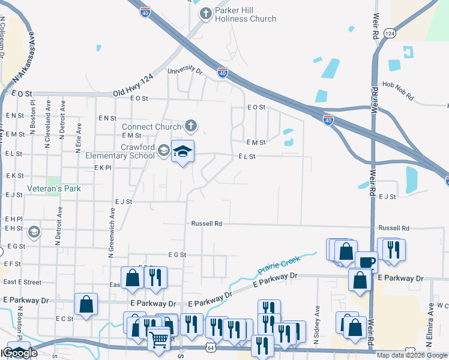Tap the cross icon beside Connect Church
pos(190,126)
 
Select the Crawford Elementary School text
pos(129,151)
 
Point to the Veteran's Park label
pos(54,188)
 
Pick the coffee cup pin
pos(366,262)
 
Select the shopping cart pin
pos(159,340)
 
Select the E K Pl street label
pos(103,168)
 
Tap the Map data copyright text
pos(412,355)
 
